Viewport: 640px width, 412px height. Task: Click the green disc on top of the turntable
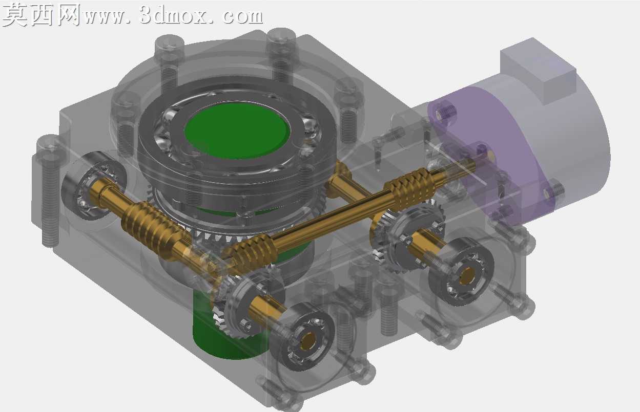pos(237,131)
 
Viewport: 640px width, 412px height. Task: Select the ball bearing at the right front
pos(462,272)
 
